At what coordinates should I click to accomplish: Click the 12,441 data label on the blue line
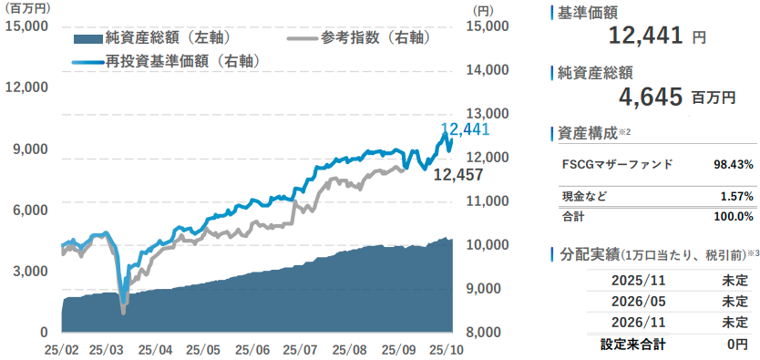click(466, 130)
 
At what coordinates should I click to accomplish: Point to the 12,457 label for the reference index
click(457, 174)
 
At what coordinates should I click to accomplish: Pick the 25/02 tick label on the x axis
click(61, 349)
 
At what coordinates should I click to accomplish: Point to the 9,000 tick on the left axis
click(31, 149)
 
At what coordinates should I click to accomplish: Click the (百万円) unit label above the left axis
click(27, 8)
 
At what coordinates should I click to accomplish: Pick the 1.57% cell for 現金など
click(735, 197)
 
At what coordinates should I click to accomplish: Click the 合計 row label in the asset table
click(573, 217)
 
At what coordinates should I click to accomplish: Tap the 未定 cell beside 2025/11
click(734, 280)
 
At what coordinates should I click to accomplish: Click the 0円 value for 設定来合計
click(736, 345)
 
